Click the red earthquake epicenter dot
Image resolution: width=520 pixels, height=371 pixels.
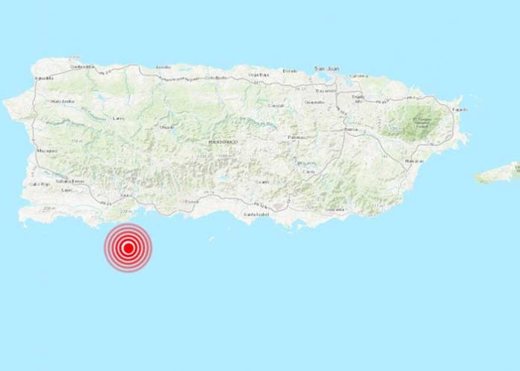click(x=129, y=247)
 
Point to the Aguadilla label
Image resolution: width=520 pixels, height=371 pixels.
click(x=43, y=77)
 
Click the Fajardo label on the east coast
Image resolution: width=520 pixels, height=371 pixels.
click(x=459, y=110)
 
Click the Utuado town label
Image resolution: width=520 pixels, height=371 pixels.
click(x=168, y=126)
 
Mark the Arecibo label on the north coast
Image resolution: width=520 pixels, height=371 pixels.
click(x=163, y=67)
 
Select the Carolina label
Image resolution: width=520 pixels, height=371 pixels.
click(x=360, y=76)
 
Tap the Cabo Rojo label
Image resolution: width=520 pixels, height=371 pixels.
click(x=39, y=183)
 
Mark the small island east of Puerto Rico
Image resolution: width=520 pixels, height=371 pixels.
click(x=498, y=173)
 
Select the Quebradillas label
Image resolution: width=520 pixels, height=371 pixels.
click(x=82, y=66)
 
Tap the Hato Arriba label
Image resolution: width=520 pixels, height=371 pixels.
click(x=61, y=101)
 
